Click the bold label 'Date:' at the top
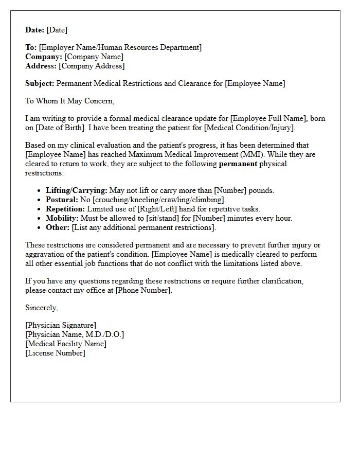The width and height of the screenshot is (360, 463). [x=35, y=30]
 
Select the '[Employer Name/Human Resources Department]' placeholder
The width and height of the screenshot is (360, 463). [x=120, y=47]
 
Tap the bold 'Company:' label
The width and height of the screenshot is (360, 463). [x=44, y=57]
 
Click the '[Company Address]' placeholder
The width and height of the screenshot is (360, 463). [x=92, y=66]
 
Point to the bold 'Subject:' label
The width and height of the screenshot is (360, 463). [x=40, y=83]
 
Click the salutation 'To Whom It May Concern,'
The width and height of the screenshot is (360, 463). [x=69, y=101]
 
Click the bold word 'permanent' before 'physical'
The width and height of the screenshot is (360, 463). [x=238, y=164]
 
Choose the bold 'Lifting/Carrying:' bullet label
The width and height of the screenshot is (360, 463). [x=77, y=190]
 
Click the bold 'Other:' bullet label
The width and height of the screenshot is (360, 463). [x=58, y=227]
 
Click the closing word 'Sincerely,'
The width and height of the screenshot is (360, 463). [x=42, y=308]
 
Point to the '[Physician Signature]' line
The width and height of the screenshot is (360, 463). [x=61, y=325]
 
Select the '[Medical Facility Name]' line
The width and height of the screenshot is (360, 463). [x=66, y=344]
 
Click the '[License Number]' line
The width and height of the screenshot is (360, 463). [x=55, y=353]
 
